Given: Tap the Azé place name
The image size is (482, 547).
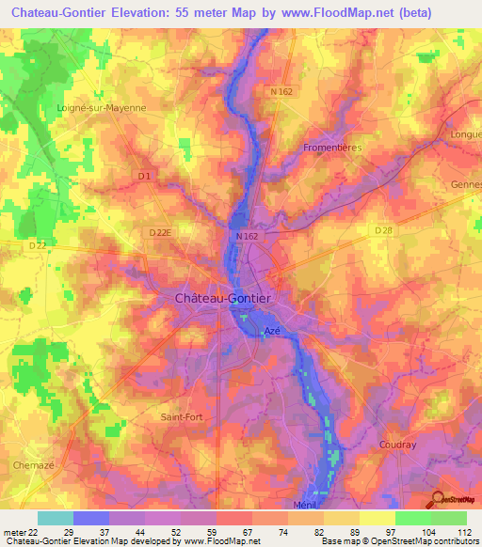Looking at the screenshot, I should (272, 331).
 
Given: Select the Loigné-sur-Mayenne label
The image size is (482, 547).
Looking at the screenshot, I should (102, 108).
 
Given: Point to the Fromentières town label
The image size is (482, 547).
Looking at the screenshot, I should (333, 148).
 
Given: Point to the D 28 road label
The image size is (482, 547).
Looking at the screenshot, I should (382, 230).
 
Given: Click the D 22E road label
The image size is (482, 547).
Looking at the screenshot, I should (162, 232).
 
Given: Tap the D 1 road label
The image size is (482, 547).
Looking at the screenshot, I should (143, 176).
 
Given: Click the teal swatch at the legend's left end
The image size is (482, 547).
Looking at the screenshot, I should (55, 518).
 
